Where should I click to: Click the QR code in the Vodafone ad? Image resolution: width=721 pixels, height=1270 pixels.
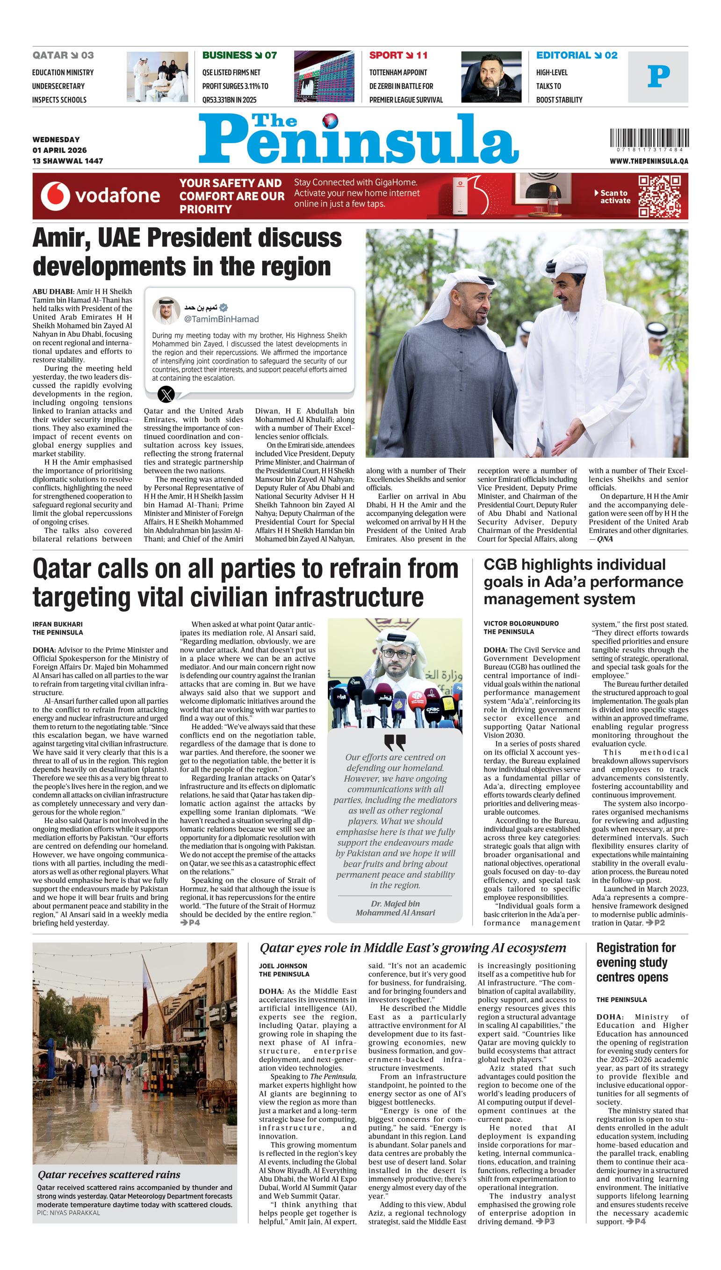coord(659,196)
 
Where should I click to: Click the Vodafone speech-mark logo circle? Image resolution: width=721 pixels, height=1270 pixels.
coord(55,196)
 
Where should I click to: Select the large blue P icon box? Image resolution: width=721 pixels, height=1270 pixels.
coord(658,77)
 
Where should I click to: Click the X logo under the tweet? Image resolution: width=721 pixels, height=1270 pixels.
coord(166,395)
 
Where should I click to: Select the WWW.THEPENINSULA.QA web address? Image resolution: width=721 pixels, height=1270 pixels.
coord(648,161)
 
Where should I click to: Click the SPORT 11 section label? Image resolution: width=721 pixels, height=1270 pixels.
coord(398,56)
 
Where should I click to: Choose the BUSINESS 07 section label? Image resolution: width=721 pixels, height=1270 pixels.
coord(239,56)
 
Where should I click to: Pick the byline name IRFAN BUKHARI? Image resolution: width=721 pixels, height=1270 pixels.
coord(58,624)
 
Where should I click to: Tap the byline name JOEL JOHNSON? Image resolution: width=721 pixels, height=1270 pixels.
coord(283,966)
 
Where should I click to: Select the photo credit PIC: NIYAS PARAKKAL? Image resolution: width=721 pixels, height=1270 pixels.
coord(68,1213)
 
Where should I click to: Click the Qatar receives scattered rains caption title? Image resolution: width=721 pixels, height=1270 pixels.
coord(109,1175)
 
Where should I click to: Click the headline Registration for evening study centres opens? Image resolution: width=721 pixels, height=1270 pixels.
coord(635,962)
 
